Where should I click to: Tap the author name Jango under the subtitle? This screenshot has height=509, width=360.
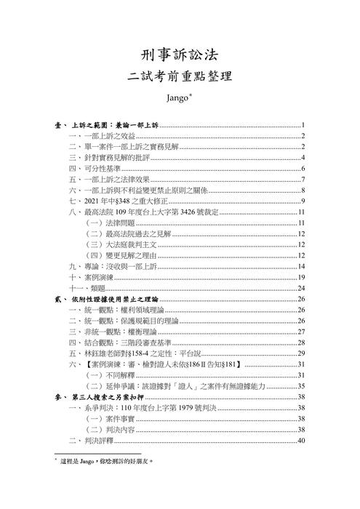177,97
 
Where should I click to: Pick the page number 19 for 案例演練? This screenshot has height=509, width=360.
300,277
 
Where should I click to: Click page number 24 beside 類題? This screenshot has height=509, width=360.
300,288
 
